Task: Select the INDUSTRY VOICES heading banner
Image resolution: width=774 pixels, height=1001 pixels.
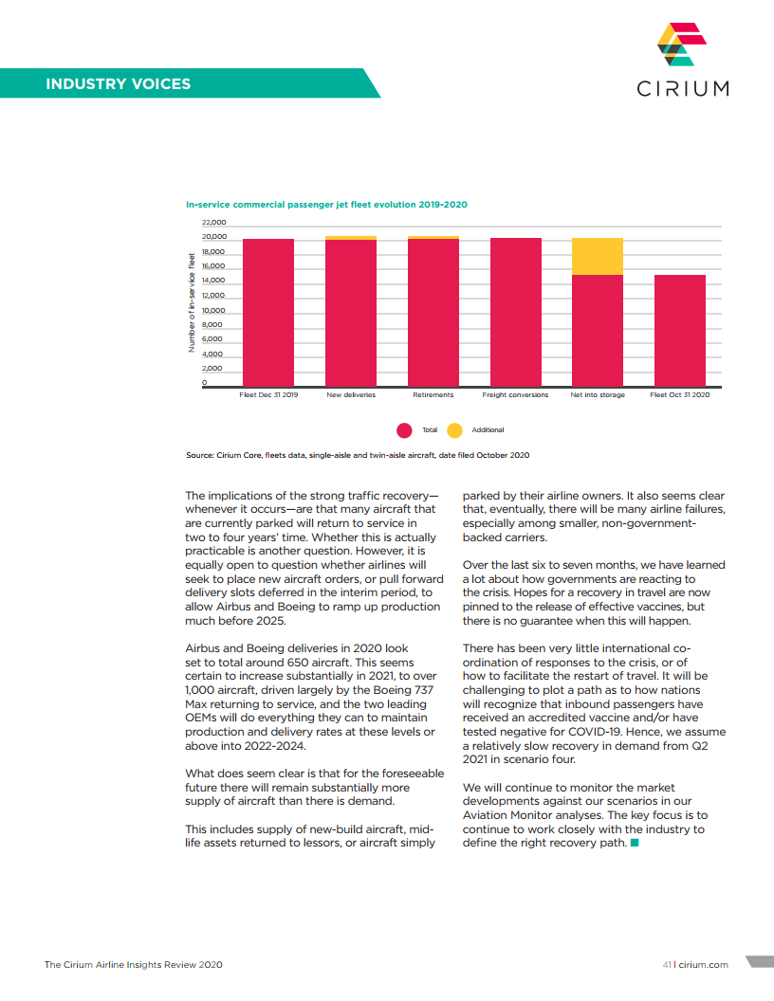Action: coord(119,83)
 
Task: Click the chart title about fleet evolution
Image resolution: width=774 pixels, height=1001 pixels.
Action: coord(326,204)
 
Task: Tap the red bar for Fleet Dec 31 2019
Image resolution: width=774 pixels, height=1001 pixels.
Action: coord(268,313)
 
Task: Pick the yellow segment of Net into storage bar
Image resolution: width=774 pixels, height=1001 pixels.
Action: coord(598,256)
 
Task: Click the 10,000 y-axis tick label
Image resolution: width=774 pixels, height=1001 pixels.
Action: coord(213,310)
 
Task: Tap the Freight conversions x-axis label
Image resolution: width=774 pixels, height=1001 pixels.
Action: coord(515,394)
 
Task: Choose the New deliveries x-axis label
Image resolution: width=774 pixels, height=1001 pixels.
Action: coord(351,394)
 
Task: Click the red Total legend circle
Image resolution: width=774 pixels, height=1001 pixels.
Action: coord(404,430)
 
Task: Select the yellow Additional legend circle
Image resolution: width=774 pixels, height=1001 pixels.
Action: coord(454,430)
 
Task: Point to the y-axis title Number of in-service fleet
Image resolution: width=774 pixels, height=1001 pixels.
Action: coord(191,302)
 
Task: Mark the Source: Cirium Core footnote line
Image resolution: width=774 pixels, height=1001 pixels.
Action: coord(358,455)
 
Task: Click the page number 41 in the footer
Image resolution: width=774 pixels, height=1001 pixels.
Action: coord(667,964)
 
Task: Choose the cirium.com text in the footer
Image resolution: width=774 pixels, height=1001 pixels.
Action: coord(705,964)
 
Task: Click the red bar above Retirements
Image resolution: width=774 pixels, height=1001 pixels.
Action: coord(433,313)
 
